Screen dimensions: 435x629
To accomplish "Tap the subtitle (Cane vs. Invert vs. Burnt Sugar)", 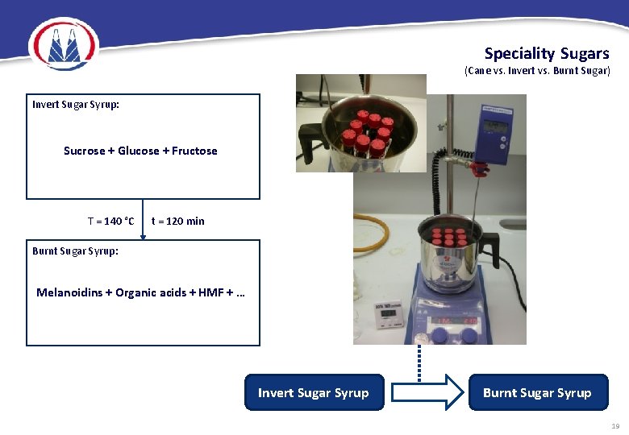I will (x=537, y=71).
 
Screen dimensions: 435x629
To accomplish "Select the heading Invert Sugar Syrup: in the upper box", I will (x=76, y=105).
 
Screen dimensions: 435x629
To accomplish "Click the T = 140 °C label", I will (x=110, y=221).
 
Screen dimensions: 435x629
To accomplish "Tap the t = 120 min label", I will (x=178, y=221).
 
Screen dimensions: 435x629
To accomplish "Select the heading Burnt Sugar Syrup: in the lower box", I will (x=75, y=251).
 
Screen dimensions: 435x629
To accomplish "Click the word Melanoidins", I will (x=69, y=292).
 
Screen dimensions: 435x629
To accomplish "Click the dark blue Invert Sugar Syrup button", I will (x=313, y=393).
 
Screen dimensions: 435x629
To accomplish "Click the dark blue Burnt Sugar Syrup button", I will (x=537, y=393).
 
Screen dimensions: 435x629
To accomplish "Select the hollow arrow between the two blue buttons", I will (x=425, y=393).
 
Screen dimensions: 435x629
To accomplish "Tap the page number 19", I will (x=614, y=426).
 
